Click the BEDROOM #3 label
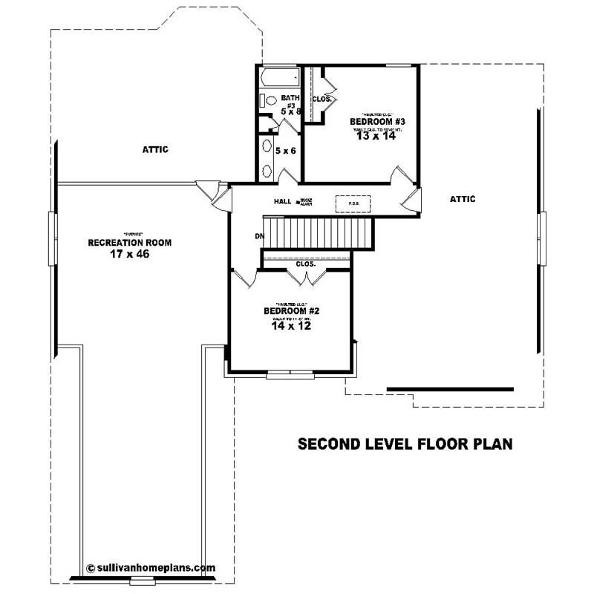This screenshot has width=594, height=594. [376, 121]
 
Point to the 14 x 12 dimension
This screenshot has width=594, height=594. [290, 324]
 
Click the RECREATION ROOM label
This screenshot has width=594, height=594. [130, 243]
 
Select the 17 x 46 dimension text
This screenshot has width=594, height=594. [130, 254]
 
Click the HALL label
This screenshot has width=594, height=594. [282, 201]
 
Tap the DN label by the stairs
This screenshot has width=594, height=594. [259, 236]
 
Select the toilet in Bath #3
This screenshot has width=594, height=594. [270, 100]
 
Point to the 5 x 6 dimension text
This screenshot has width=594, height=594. [286, 151]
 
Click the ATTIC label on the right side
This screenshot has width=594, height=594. [463, 199]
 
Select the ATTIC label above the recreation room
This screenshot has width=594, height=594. [155, 150]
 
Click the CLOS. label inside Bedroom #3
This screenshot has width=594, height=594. [322, 98]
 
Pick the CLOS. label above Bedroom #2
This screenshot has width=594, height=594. [305, 264]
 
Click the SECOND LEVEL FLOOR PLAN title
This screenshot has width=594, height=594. [405, 445]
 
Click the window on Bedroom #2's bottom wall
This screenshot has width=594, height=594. [290, 373]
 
